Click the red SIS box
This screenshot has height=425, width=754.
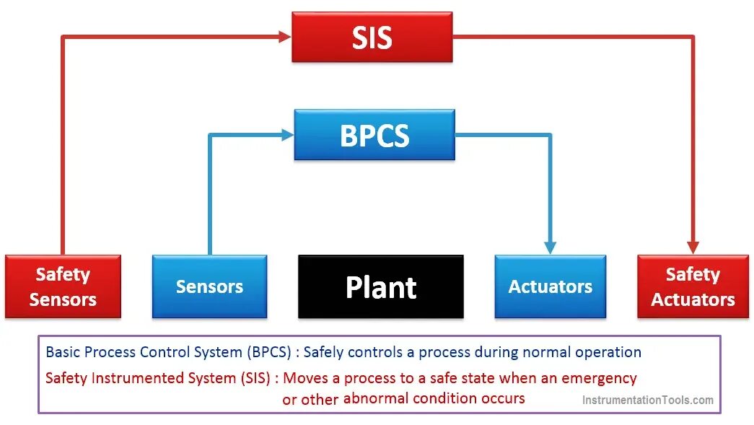click(x=372, y=37)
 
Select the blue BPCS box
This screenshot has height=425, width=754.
click(x=374, y=135)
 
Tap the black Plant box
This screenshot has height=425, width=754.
click(x=381, y=286)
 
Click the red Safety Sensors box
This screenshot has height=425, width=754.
click(x=63, y=286)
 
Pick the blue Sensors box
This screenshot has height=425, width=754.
click(x=209, y=286)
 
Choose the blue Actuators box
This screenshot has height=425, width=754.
click(x=550, y=286)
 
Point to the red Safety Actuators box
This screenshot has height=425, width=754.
click(x=693, y=286)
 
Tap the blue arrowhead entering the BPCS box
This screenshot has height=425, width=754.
click(x=287, y=134)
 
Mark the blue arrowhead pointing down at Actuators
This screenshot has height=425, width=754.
click(x=551, y=247)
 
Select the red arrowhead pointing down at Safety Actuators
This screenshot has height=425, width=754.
click(x=693, y=247)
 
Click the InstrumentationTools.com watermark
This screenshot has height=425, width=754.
click(x=647, y=400)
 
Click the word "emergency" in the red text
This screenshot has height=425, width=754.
click(x=599, y=378)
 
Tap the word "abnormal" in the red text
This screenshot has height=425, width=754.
click(x=375, y=398)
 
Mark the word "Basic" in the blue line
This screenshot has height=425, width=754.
click(x=63, y=353)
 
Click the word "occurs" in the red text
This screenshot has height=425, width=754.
click(x=503, y=398)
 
